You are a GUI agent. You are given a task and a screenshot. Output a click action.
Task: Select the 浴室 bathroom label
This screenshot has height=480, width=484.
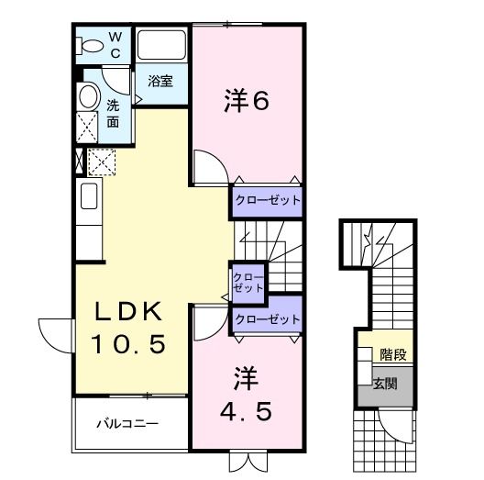pos(160,81)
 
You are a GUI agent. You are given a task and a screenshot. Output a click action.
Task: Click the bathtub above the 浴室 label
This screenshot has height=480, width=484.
pos(161,46)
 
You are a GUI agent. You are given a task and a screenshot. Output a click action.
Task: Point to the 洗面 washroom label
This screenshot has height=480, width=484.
pos(113,113)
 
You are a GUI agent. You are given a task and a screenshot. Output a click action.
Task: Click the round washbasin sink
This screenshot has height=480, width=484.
pos(88,97)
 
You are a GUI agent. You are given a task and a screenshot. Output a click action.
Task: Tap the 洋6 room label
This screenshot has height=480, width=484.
pos(246,102)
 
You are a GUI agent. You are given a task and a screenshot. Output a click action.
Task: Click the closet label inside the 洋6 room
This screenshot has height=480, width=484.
pos(266,199)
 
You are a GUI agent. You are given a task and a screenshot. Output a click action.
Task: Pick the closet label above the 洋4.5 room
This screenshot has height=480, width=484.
pos(267,318)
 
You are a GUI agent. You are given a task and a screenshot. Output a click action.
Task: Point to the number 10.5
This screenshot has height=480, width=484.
pos(128,345)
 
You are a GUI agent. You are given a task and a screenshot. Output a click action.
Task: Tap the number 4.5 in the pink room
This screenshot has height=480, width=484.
pos(245,412)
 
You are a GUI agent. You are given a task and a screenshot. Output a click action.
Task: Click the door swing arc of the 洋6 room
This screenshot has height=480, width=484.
pos(208,169)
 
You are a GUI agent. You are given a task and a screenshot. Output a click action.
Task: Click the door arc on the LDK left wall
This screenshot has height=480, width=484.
pos(53,330)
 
